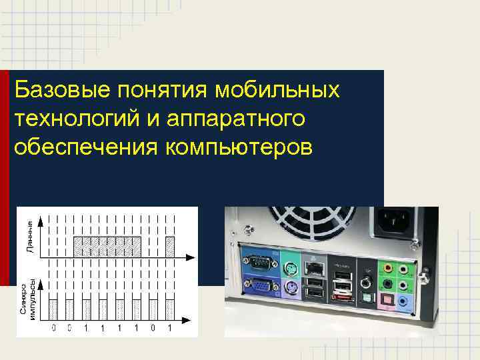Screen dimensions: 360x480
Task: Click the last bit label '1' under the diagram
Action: click(x=169, y=328)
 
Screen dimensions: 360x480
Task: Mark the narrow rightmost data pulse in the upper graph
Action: click(x=169, y=246)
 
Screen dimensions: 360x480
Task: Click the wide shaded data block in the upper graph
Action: click(x=107, y=246)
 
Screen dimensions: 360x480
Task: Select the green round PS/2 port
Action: click(x=289, y=266)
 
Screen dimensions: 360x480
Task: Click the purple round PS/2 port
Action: click(x=289, y=288)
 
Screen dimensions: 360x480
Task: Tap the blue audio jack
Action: click(x=405, y=301)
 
